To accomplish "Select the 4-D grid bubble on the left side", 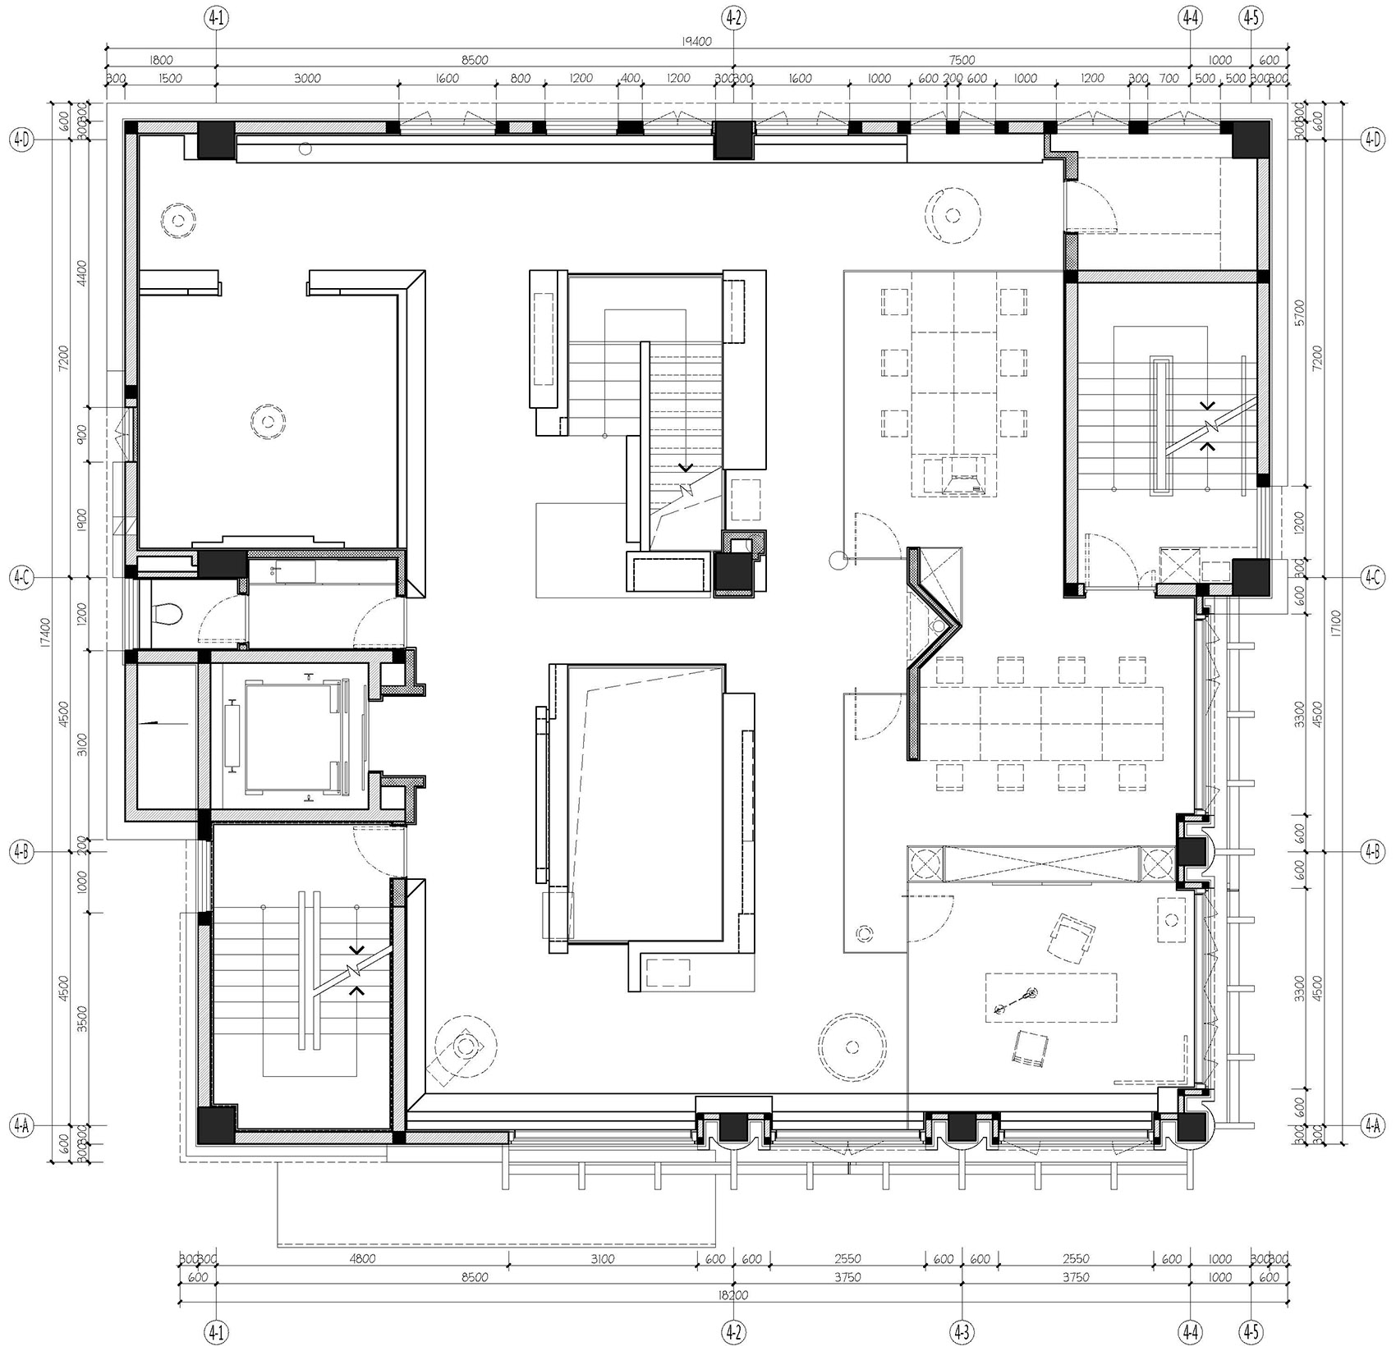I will click(x=21, y=140).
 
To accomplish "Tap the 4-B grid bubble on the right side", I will click(x=1372, y=852).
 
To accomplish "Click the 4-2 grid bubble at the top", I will click(x=733, y=16).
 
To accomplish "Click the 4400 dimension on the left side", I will click(x=81, y=271).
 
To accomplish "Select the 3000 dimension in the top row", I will click(x=306, y=79).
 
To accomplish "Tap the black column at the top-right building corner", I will click(x=1250, y=140).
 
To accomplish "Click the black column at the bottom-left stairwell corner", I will click(x=215, y=1125).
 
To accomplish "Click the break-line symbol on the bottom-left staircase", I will click(x=355, y=972).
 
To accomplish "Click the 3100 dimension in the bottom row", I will click(x=602, y=1260).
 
